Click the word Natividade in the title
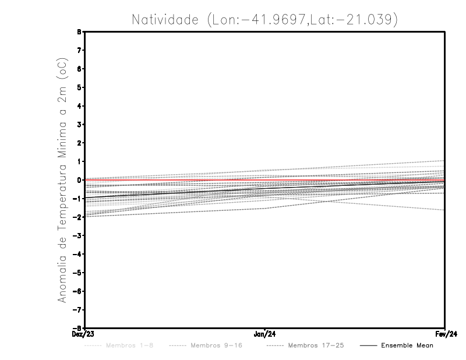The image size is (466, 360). click(x=165, y=20)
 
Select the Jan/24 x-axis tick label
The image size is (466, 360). click(x=265, y=334)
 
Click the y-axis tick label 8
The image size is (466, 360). click(x=79, y=31)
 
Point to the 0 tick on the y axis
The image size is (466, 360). click(x=79, y=180)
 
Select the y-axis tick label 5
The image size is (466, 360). click(x=79, y=87)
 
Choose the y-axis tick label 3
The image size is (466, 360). click(x=79, y=125)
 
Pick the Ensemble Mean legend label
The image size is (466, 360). click(x=407, y=345)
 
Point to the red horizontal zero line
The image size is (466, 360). click(x=175, y=180)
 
